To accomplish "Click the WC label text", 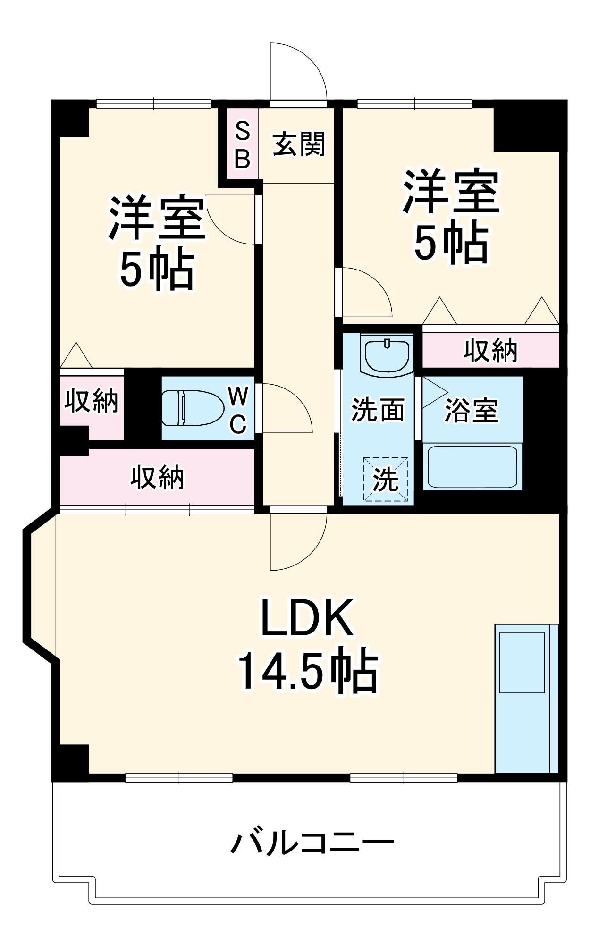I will (x=238, y=409).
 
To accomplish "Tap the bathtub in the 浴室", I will (x=472, y=466).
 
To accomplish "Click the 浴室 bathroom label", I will (x=471, y=410).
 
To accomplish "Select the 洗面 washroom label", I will (x=378, y=409).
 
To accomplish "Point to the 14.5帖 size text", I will (x=308, y=672).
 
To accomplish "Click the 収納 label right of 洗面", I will (x=490, y=351).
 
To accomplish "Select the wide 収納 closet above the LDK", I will (x=157, y=477).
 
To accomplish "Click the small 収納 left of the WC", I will (x=92, y=401).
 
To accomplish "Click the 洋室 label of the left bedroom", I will (x=157, y=219).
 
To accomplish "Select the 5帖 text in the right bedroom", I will (x=450, y=242).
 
